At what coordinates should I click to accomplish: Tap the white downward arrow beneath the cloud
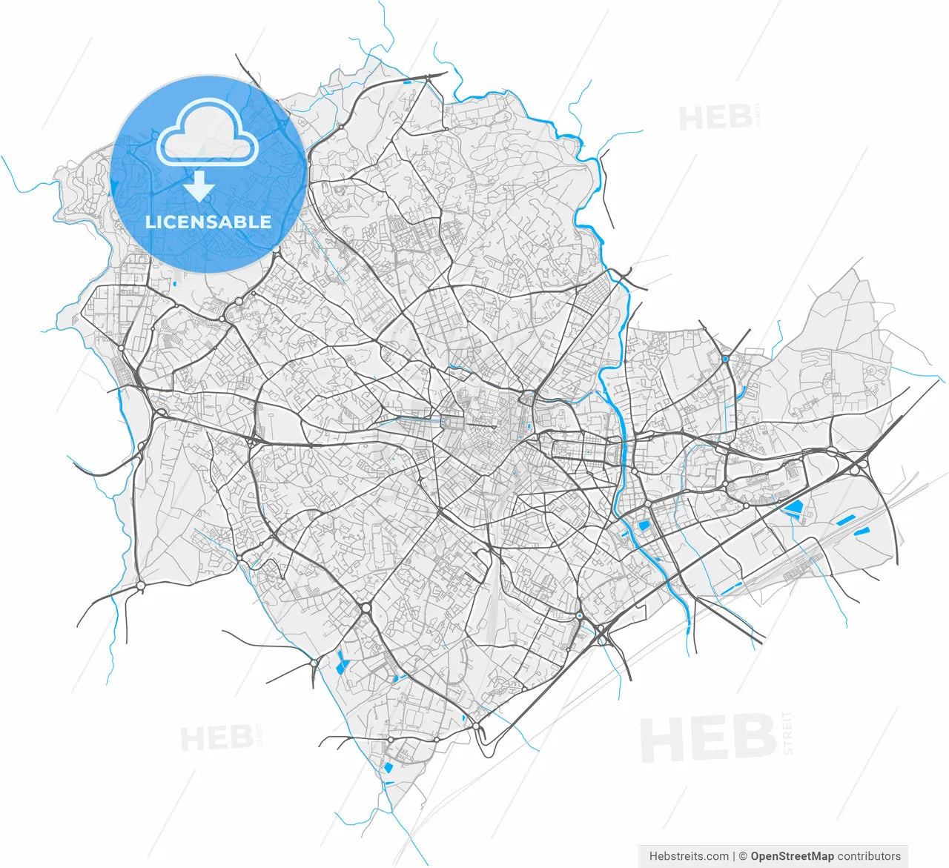click(199, 188)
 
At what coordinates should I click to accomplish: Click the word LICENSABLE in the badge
click(208, 222)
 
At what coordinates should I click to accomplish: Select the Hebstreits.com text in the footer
click(689, 856)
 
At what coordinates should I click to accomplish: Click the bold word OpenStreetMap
click(792, 856)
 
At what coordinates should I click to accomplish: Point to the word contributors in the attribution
click(869, 856)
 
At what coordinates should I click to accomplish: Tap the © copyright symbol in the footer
click(741, 856)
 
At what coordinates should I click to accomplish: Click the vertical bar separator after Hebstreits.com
click(733, 856)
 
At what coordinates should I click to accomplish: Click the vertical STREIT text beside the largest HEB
click(787, 733)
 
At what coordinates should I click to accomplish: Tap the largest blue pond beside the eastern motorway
click(794, 508)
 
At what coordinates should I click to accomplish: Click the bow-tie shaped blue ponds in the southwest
click(342, 662)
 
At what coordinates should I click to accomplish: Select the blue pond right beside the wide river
click(643, 526)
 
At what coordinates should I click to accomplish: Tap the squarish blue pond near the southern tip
click(388, 766)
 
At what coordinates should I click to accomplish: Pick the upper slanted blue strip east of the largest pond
click(844, 520)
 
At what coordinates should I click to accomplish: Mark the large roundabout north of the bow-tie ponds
click(366, 609)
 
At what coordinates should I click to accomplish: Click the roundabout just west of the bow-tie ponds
click(314, 662)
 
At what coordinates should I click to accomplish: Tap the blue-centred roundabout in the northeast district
click(724, 359)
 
